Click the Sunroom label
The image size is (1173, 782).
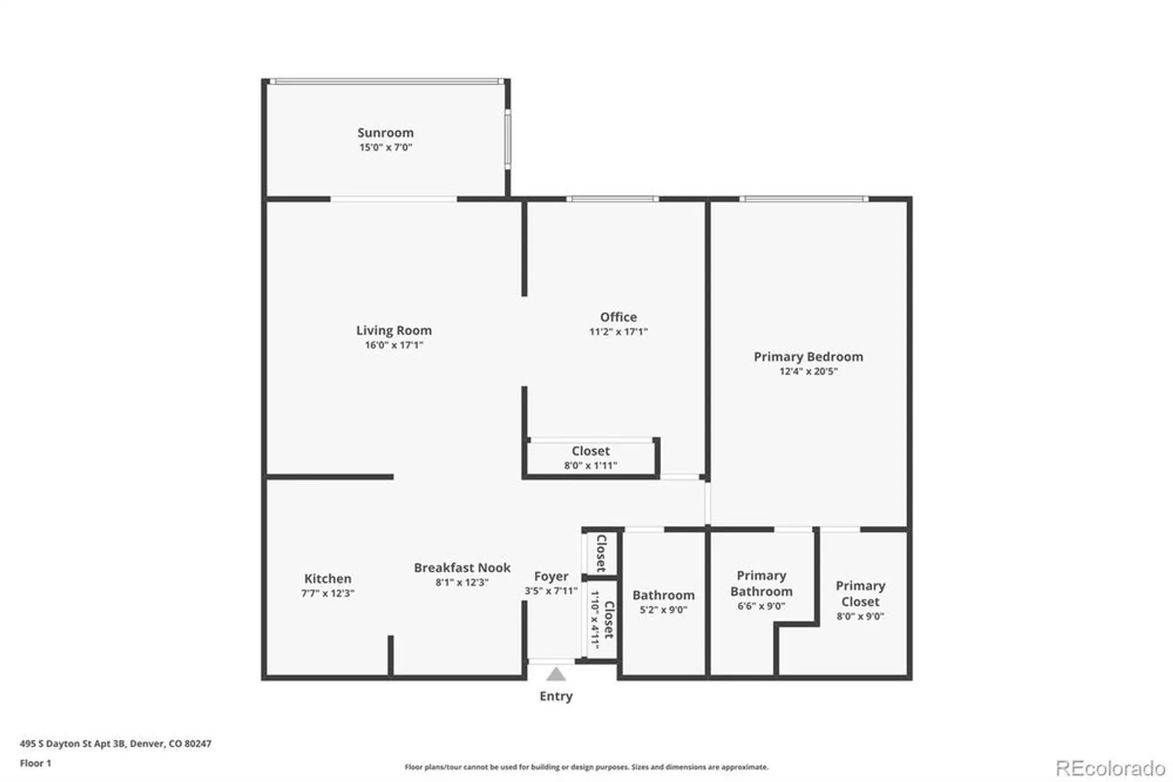(x=385, y=133)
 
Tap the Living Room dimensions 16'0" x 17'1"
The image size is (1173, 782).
(x=394, y=345)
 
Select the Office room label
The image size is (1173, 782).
(x=618, y=317)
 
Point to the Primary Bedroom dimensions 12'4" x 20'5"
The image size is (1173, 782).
(x=808, y=371)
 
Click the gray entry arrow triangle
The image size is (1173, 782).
(x=555, y=675)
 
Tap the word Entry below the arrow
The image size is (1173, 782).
(x=555, y=696)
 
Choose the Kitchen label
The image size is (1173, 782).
(x=327, y=578)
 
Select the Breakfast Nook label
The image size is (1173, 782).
(x=462, y=568)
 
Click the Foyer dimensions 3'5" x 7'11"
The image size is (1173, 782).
(x=551, y=591)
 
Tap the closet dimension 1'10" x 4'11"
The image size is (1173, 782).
(x=595, y=619)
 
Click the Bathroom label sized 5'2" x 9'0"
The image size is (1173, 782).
(x=663, y=595)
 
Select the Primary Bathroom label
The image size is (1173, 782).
(x=761, y=584)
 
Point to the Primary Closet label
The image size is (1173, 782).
(x=860, y=594)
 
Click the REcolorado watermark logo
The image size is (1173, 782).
(x=1110, y=768)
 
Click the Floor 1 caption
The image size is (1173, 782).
(x=35, y=763)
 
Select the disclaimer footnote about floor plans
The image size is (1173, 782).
(x=586, y=767)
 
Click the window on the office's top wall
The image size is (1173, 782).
(x=612, y=199)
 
